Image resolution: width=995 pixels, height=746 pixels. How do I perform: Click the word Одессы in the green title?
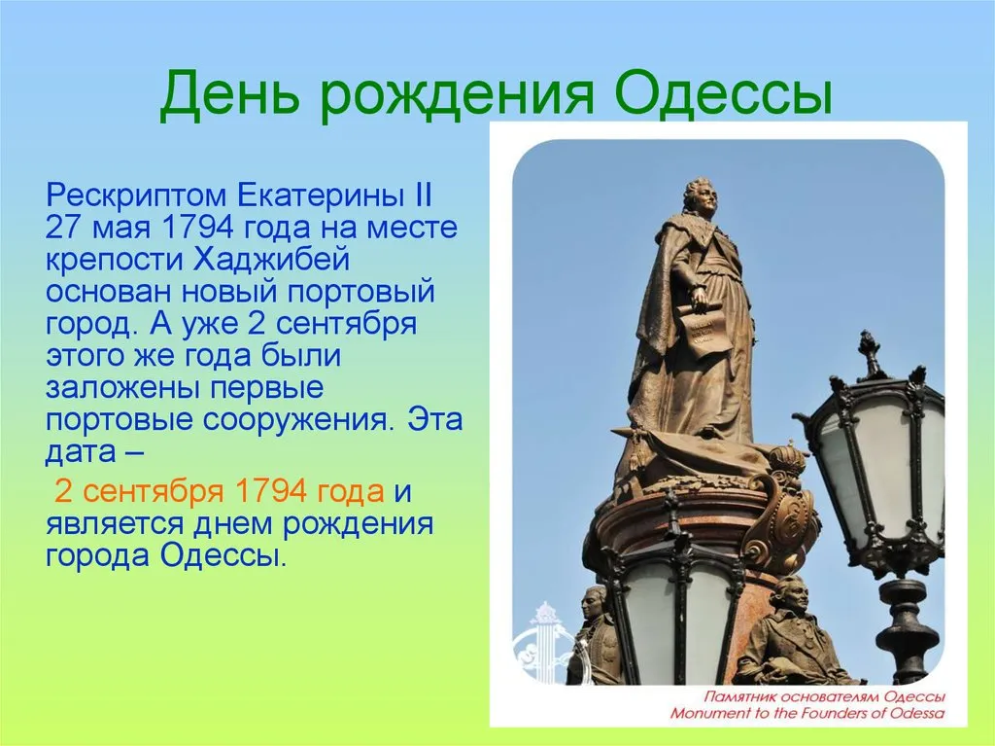click(723, 93)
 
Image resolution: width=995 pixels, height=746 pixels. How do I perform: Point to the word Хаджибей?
click(271, 261)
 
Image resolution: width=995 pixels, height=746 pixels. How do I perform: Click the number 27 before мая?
click(63, 228)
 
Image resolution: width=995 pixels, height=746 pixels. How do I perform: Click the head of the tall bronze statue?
click(699, 195)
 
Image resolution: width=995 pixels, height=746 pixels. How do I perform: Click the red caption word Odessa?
click(917, 713)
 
